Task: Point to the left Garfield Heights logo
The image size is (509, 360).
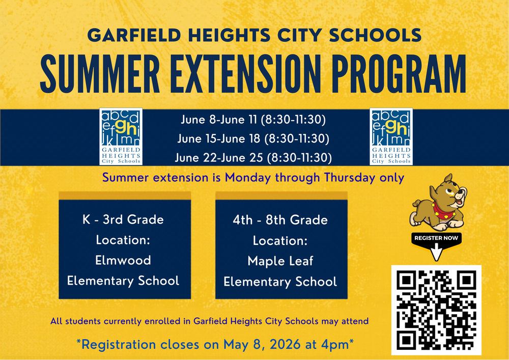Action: pyautogui.click(x=121, y=136)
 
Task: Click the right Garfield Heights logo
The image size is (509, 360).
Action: pyautogui.click(x=391, y=136)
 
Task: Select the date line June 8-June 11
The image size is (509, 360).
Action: pyautogui.click(x=253, y=120)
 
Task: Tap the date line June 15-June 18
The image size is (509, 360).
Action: pyautogui.click(x=253, y=139)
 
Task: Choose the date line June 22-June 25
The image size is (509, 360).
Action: pyautogui.click(x=253, y=157)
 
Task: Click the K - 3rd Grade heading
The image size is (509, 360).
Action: pyautogui.click(x=123, y=220)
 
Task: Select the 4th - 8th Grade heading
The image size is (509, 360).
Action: pyautogui.click(x=280, y=220)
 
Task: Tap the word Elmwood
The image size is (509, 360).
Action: pyautogui.click(x=123, y=260)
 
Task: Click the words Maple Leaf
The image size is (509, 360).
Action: pyautogui.click(x=280, y=261)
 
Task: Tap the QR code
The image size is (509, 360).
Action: pyautogui.click(x=436, y=310)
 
